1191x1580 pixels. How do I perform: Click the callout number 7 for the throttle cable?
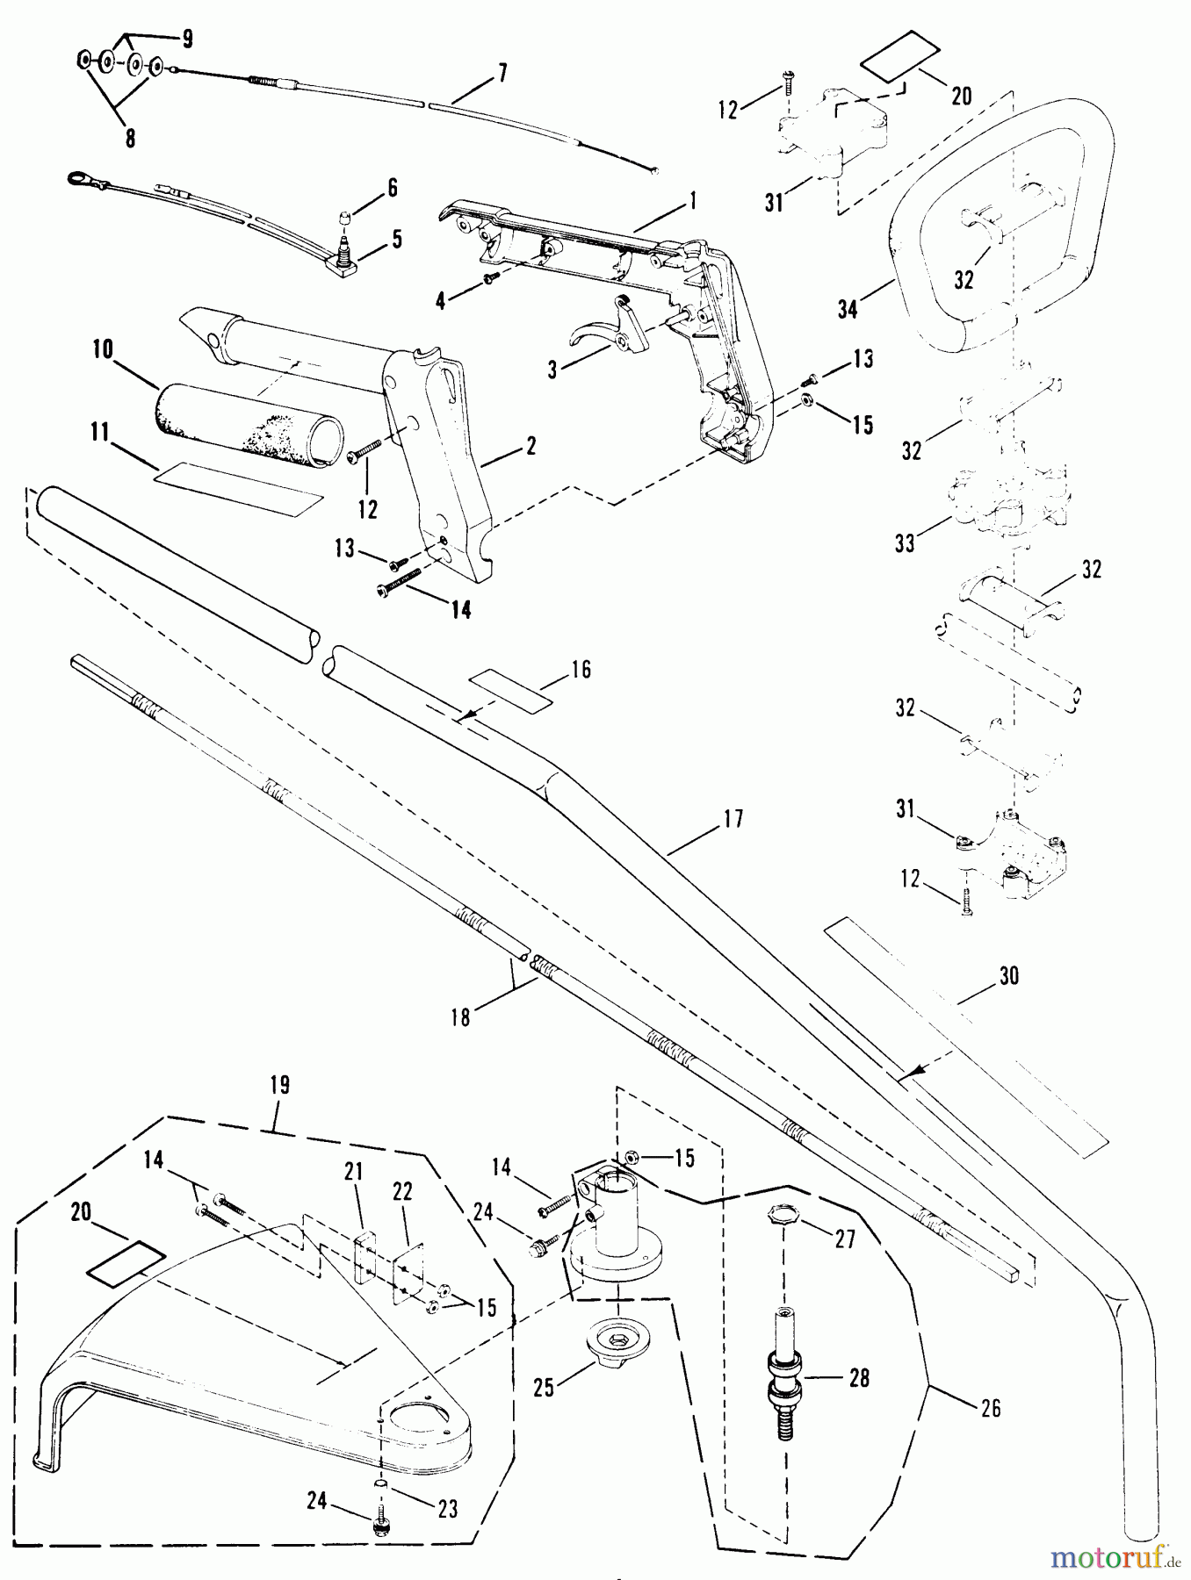click(502, 73)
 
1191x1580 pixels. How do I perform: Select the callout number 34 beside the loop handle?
click(848, 309)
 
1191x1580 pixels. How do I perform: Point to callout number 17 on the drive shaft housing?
click(733, 819)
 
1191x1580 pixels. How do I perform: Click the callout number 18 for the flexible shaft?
click(461, 1016)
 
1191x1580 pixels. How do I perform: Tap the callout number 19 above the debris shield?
click(279, 1085)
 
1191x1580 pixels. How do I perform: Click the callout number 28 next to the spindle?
click(859, 1378)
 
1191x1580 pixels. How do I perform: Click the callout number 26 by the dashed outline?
click(990, 1408)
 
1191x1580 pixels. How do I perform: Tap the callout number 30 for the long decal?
click(1009, 976)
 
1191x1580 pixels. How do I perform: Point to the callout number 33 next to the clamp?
click(905, 544)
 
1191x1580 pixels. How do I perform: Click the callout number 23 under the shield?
click(448, 1510)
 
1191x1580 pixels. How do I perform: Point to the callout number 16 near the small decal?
click(581, 670)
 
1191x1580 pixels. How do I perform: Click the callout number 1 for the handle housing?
click(692, 201)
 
